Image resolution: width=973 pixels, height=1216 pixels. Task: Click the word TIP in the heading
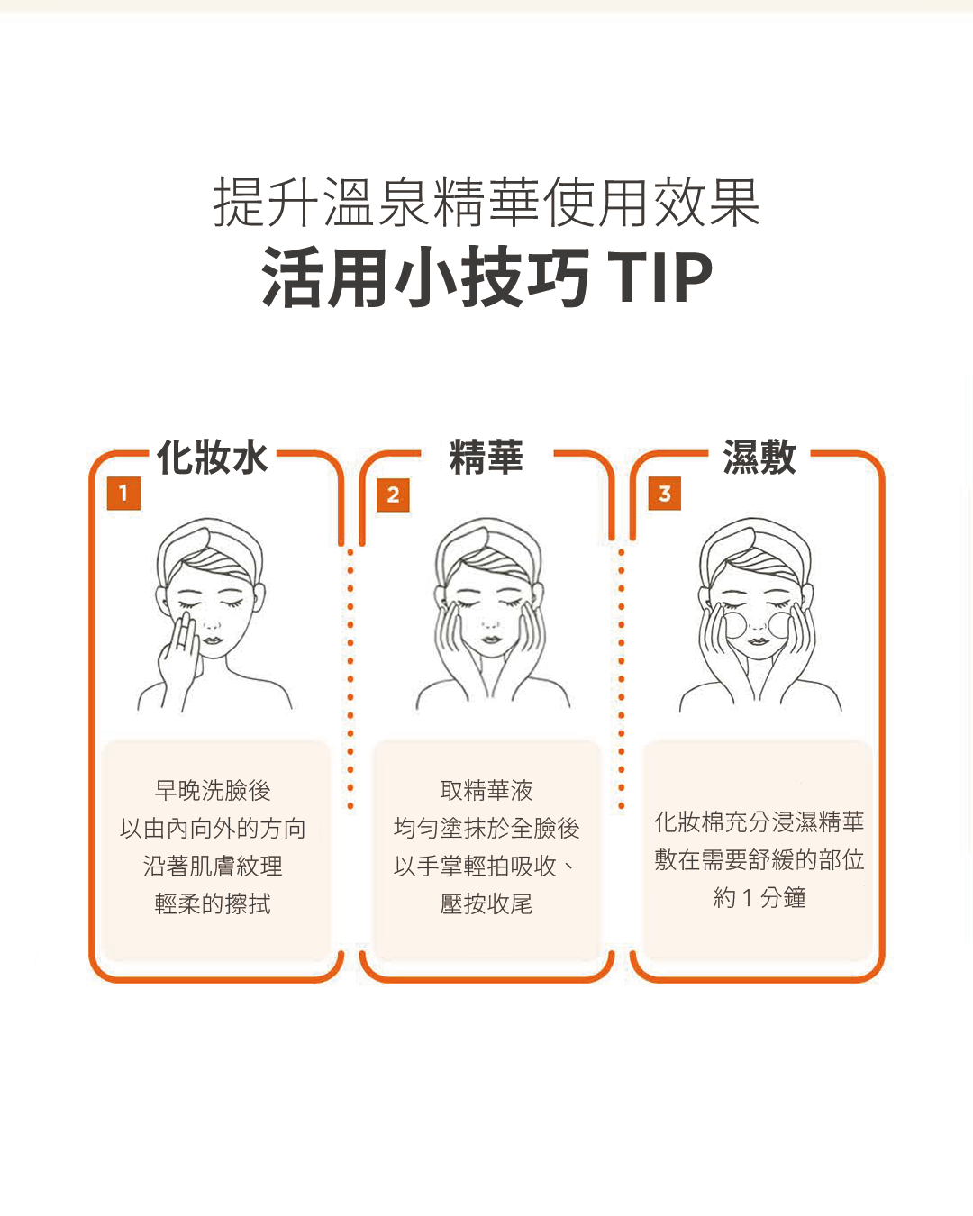[x=660, y=277]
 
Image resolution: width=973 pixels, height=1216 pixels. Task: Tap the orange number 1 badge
[x=123, y=494]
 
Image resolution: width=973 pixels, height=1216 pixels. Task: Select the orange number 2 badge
[x=393, y=495]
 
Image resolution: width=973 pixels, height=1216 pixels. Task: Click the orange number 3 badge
[x=665, y=494]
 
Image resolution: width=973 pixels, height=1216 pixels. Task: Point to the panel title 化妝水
[x=213, y=458]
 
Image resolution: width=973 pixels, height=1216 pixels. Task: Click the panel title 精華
[x=486, y=458]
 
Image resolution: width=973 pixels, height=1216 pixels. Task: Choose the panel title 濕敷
[x=759, y=458]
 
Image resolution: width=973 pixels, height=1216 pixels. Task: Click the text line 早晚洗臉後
[x=213, y=791]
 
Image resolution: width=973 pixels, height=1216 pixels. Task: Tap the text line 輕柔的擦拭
[x=213, y=904]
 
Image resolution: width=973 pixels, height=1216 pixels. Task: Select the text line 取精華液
[x=486, y=791]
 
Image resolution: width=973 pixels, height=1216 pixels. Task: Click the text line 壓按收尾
[x=486, y=904]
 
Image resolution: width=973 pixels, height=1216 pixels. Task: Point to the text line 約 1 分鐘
[x=759, y=898]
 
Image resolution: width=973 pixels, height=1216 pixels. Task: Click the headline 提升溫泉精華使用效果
[x=486, y=203]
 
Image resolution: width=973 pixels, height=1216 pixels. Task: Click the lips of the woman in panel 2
[x=489, y=640]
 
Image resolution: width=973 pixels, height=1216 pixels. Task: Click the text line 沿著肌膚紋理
[x=213, y=867]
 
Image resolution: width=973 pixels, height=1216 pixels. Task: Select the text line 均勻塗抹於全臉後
[x=486, y=829]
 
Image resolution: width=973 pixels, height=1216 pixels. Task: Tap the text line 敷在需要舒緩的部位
[x=759, y=860]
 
